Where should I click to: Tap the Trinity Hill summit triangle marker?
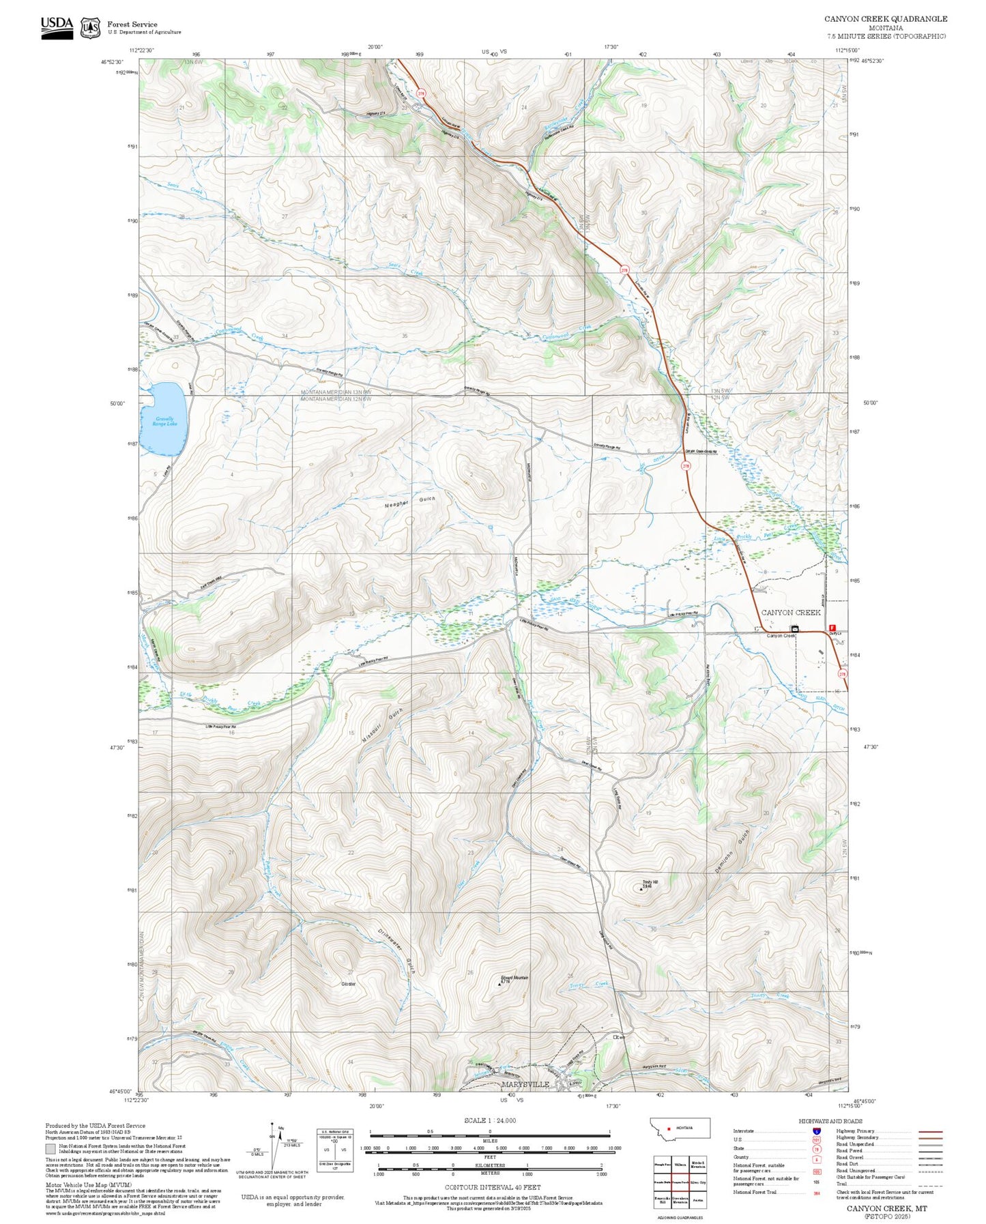coord(641,889)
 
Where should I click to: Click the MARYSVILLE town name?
coord(525,1084)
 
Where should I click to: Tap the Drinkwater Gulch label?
coord(396,950)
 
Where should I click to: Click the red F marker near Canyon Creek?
coord(831,628)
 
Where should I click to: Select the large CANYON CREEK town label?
coord(790,612)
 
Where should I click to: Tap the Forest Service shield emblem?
coord(90,28)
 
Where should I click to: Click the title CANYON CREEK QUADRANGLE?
coord(885,19)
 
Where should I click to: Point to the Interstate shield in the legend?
coord(816,1131)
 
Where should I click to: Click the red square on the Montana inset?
coord(669,1128)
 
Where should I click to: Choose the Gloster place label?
coord(348,984)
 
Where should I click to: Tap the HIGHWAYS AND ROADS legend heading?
coord(830,1121)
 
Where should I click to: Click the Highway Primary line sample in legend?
coord(930,1131)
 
